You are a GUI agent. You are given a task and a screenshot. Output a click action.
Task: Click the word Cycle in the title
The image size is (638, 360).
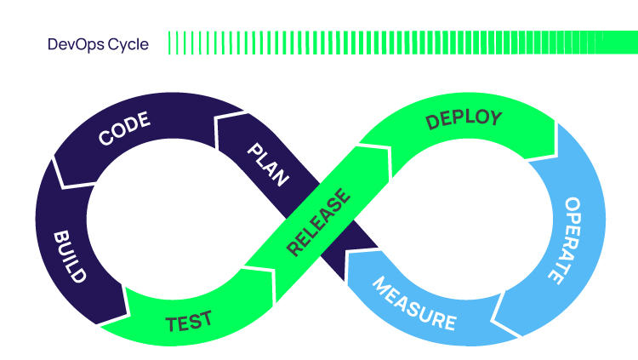tap(126, 44)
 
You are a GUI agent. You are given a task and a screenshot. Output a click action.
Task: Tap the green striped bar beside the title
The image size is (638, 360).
tap(400, 43)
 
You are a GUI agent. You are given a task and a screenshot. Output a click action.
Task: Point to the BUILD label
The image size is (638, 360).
tap(70, 256)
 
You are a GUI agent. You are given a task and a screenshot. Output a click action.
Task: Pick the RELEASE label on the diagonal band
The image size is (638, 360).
tap(318, 222)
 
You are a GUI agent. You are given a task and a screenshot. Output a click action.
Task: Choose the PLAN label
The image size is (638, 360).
tap(267, 164)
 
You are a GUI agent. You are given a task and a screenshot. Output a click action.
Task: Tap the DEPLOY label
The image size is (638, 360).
tap(464, 120)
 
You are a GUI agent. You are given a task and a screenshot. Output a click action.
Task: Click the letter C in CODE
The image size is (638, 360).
tap(106, 139)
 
